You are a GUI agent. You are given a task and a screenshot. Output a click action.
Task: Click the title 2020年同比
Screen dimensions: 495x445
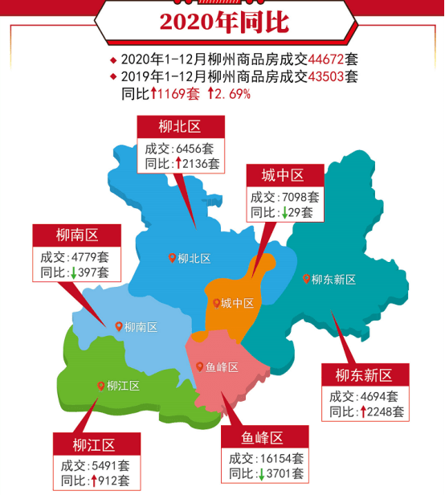(223, 21)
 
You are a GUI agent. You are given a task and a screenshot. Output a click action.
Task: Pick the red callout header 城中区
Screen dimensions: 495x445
(283, 175)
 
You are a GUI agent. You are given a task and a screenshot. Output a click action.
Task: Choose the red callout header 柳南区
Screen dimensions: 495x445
(76, 235)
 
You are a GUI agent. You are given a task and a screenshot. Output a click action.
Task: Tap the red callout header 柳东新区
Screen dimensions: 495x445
(364, 374)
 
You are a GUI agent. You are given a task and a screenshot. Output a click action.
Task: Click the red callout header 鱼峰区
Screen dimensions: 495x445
(263, 438)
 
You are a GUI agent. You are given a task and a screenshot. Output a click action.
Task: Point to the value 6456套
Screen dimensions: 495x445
(196, 149)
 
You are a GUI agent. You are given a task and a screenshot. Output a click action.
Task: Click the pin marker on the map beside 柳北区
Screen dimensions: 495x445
(172, 258)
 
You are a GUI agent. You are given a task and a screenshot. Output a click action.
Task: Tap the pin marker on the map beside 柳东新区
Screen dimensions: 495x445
(306, 279)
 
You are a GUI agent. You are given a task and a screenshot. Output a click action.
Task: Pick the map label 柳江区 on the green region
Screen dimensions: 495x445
(123, 386)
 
